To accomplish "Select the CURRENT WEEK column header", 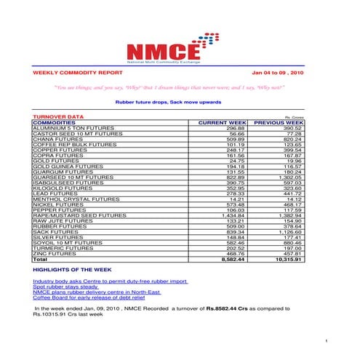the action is [x=223, y=123].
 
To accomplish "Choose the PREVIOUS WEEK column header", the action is [x=278, y=123].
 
